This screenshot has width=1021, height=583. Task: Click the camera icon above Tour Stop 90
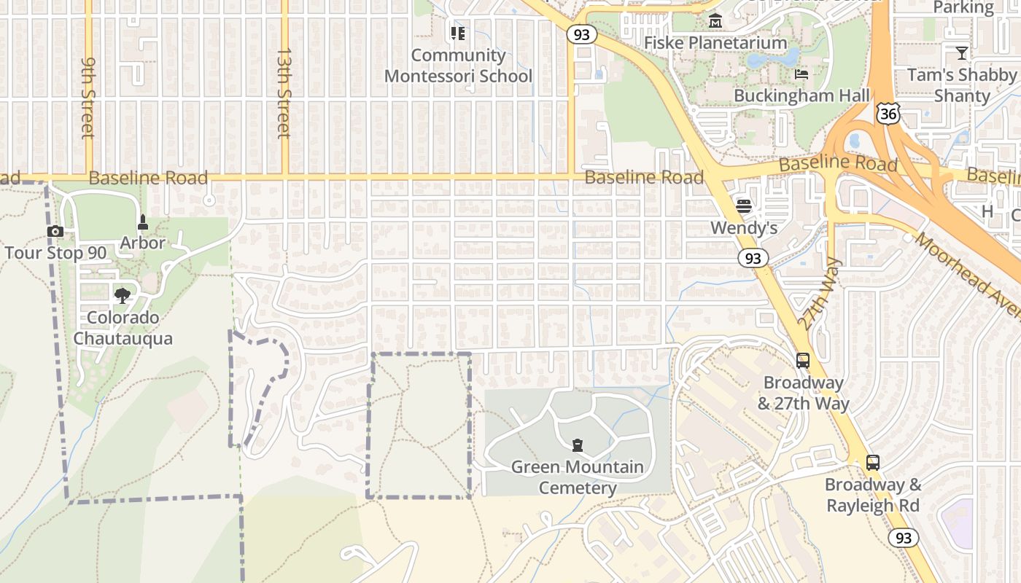[x=55, y=232]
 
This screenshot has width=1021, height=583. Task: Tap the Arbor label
[x=143, y=243]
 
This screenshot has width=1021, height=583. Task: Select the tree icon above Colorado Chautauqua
[x=123, y=295]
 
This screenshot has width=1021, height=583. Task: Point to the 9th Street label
[x=88, y=98]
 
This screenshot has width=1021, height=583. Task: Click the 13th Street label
[x=284, y=93]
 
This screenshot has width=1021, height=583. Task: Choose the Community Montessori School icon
[x=458, y=34]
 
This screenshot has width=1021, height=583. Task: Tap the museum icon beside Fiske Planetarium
[x=715, y=21]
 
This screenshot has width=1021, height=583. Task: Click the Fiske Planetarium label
[x=716, y=42]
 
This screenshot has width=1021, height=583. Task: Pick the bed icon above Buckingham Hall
[x=801, y=74]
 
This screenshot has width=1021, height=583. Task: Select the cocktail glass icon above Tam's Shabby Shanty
[x=962, y=52]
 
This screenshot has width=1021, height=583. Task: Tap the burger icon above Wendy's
[x=744, y=206]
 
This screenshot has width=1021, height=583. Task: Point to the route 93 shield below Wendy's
[x=753, y=258]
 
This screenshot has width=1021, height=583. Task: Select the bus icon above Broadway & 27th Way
[x=803, y=360]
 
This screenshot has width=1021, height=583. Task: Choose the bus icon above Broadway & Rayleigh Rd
[x=873, y=462]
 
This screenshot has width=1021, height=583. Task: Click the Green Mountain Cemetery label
[x=578, y=477]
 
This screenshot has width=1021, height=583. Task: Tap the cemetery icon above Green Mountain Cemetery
[x=578, y=445]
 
